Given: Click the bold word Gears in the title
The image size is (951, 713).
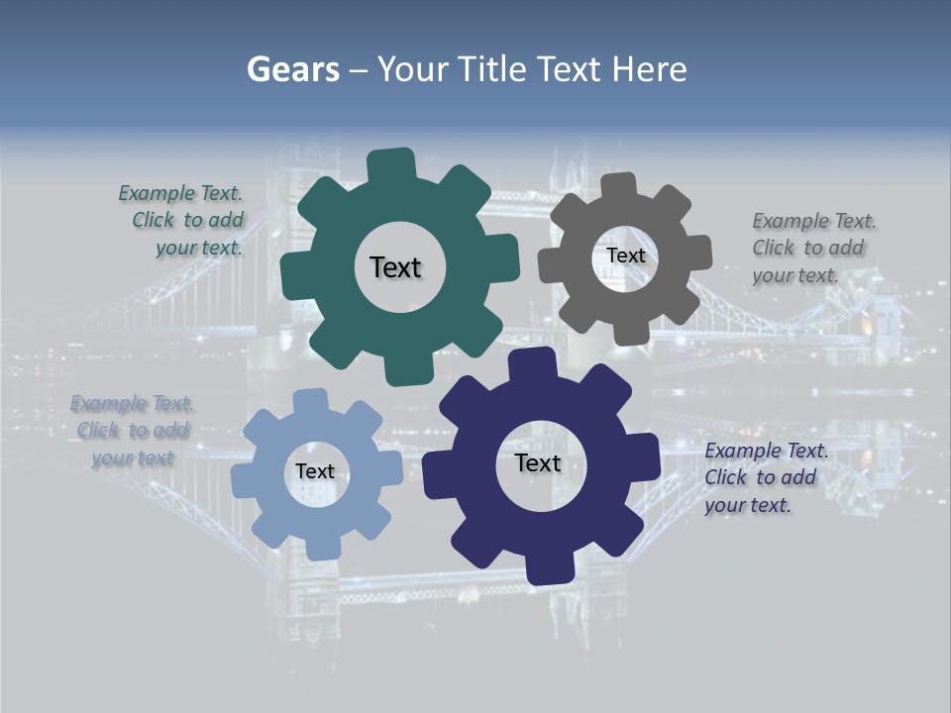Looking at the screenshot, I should (292, 69).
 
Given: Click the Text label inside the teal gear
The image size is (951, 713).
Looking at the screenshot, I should (395, 267).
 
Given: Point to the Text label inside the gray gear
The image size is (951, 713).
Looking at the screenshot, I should (625, 255).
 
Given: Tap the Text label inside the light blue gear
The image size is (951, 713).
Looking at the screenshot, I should (315, 471).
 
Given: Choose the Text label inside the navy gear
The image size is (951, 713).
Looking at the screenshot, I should (538, 462).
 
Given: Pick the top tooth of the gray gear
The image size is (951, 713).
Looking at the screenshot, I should (619, 187).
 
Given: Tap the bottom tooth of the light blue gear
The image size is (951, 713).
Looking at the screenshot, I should (320, 546).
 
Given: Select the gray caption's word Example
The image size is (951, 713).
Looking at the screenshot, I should (791, 221).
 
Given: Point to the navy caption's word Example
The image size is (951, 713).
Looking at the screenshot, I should (743, 451).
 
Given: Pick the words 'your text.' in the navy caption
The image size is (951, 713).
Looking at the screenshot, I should (748, 505).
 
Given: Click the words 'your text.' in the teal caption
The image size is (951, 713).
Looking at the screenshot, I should (198, 248).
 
